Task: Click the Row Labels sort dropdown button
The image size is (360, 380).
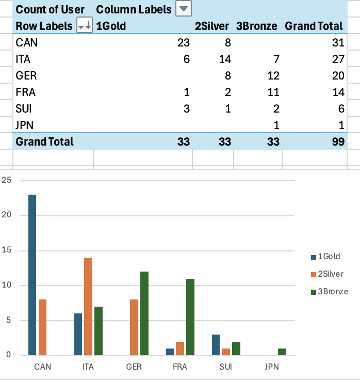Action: [x=84, y=26]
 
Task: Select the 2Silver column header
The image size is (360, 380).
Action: [x=211, y=26]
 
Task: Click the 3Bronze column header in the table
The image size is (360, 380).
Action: [x=256, y=26]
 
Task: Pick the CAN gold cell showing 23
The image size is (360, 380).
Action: [x=183, y=43]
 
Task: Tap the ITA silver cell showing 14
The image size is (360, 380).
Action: [x=224, y=59]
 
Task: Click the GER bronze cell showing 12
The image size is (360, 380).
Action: [x=273, y=76]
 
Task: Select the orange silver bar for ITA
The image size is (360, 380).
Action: [x=88, y=306]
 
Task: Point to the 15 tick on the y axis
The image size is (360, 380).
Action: [x=7, y=250]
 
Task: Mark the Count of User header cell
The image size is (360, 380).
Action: [x=50, y=9]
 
